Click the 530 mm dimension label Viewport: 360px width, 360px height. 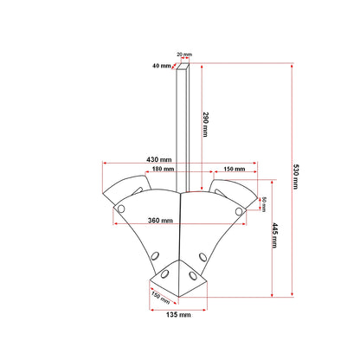296,177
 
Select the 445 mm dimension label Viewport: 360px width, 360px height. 274,235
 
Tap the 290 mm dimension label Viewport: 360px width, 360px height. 205,125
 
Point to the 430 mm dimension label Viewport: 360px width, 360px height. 159,159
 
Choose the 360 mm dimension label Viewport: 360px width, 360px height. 160,221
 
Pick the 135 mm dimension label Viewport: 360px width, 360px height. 178,314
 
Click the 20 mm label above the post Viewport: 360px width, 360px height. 184,55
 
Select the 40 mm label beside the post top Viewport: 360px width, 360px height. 162,66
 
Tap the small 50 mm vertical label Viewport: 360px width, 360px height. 264,204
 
